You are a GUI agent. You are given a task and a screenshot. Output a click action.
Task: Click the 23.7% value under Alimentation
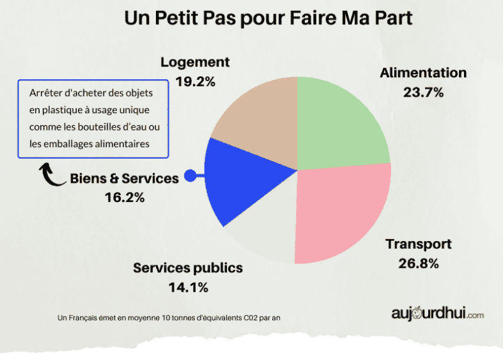tap(423, 92)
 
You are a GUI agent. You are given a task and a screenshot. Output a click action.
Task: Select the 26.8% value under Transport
tap(418, 263)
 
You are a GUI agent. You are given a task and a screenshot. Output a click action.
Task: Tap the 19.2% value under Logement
tap(195, 81)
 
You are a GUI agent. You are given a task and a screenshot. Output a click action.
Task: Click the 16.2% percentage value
tap(125, 198)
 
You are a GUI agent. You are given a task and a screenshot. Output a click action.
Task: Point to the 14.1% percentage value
tap(188, 287)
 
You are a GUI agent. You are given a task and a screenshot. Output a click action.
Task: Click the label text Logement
tap(195, 62)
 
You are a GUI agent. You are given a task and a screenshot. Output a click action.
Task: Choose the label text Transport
tap(418, 244)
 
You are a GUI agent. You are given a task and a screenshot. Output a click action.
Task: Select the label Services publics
tap(188, 268)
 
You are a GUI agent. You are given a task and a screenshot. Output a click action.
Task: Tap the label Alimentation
tap(423, 72)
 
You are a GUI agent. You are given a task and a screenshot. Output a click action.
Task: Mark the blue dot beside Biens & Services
tap(190, 176)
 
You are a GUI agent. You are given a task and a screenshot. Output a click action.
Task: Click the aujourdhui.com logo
tap(437, 314)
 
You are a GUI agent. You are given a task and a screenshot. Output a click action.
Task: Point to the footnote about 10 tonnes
tap(169, 317)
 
